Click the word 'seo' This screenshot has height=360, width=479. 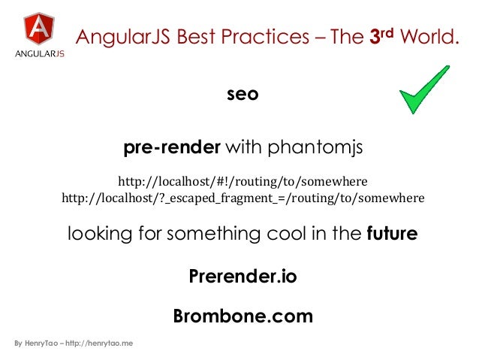pyautogui.click(x=243, y=94)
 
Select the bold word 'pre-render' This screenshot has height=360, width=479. pyautogui.click(x=172, y=148)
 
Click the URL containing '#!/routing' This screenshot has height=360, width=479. pyautogui.click(x=243, y=182)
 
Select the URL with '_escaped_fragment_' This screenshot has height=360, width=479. pyautogui.click(x=243, y=198)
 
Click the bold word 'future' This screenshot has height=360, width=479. pyautogui.click(x=392, y=234)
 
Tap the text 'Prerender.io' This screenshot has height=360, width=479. pyautogui.click(x=243, y=277)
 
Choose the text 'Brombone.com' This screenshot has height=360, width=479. pyautogui.click(x=243, y=316)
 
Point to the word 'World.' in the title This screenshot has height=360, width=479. pyautogui.click(x=432, y=38)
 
